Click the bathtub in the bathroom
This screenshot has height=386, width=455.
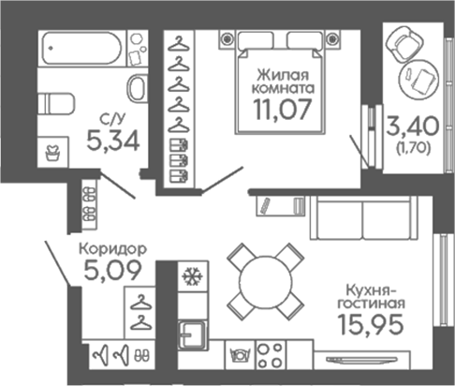point(81,49)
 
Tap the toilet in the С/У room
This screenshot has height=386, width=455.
point(56,104)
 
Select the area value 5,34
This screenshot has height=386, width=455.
point(113,141)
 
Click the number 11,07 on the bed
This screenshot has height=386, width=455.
point(283,110)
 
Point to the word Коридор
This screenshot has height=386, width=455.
point(112,249)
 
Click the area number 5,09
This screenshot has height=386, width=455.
point(113,271)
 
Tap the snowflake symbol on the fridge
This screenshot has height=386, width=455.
point(192,276)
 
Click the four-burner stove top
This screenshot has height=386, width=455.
point(271,355)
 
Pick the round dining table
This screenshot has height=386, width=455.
point(266,282)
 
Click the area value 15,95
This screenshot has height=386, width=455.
point(371,324)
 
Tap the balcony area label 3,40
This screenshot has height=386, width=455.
point(413,126)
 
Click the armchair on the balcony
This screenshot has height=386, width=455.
point(404,44)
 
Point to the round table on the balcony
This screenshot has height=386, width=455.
point(419,79)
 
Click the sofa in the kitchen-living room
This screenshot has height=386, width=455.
point(363,218)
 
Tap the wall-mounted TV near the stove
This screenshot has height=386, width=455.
point(361,360)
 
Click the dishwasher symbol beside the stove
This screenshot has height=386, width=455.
point(241,355)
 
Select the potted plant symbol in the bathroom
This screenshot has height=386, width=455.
point(52,153)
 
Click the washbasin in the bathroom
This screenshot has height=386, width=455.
point(138,88)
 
